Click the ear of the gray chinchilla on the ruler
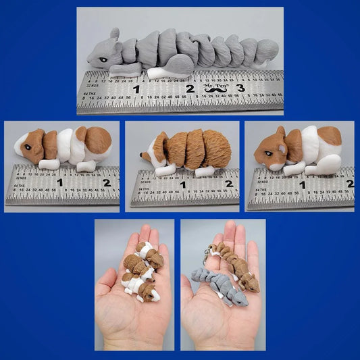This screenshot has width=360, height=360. tap(115, 35)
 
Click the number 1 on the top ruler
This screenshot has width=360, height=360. tap(136, 88)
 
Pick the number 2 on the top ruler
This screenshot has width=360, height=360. tap(189, 88)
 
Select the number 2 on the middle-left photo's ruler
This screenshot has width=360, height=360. tap(107, 182)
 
